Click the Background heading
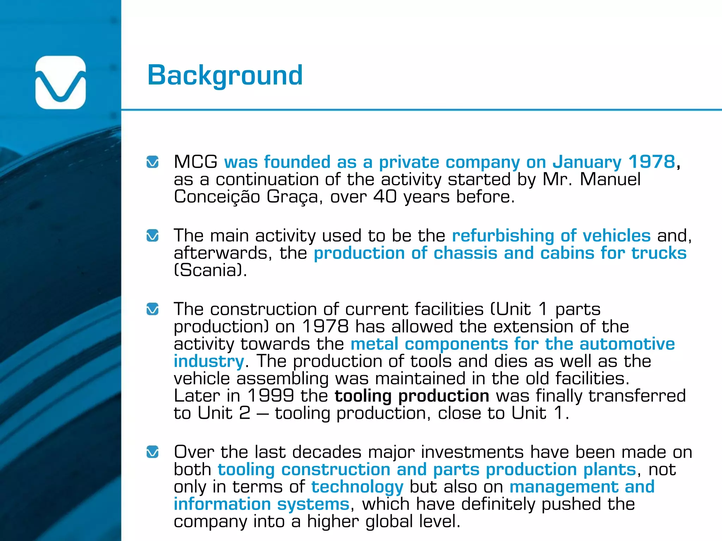pos(225,76)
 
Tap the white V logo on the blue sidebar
pos(61,82)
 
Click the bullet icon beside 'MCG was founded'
pos(152,162)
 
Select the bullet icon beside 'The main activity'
pos(152,236)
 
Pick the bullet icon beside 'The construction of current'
pos(152,309)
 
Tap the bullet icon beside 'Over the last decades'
pos(152,452)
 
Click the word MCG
pos(196,162)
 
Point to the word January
pos(587,162)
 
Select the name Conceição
pos(217,197)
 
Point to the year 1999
pos(270,396)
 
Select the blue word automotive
pos(627,344)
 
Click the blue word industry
pos(209,361)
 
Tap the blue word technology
pos(357,487)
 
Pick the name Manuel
pos(610,179)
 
